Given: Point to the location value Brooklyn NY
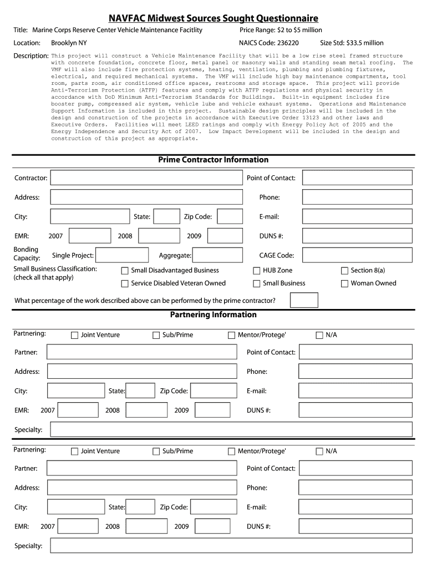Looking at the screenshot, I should point(69,43).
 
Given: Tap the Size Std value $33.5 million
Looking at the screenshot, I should point(365,43).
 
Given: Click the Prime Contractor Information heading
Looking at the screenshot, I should point(213,160).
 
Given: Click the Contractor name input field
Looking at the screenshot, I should point(146,177).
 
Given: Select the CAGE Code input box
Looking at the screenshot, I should point(357,255).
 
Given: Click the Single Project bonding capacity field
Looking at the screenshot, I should point(122,255).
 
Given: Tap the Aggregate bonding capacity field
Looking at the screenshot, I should point(217,255).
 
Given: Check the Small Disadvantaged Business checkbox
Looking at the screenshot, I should point(125,271).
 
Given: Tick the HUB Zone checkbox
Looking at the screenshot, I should point(257,271).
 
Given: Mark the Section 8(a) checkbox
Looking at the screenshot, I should point(344,271).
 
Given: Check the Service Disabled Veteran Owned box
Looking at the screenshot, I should point(125,283).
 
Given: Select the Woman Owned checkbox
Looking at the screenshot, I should point(344,283).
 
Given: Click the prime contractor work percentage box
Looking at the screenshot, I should point(304,300).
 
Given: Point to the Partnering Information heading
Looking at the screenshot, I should point(213,315).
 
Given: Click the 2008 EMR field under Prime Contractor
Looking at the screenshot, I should point(159,236).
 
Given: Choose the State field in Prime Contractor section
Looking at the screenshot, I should point(166,216).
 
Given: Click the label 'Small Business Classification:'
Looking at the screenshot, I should point(55,269).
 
